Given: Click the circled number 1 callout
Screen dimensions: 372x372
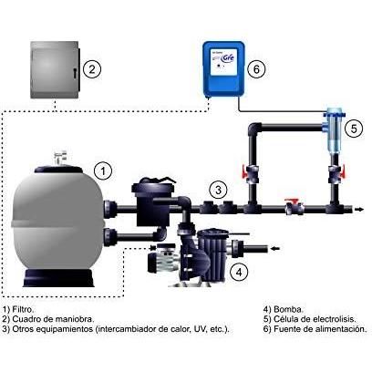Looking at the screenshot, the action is coord(103,171).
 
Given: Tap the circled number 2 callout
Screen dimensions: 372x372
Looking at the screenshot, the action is coord(92,69).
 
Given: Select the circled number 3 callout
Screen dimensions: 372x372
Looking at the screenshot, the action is coord(219,191).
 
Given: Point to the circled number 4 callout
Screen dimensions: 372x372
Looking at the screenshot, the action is coord(239,273).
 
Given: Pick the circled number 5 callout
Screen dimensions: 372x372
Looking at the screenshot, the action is coord(354,129).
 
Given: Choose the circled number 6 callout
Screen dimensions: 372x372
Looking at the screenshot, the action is coord(256,69).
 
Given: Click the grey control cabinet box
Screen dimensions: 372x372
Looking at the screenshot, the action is coord(56,69).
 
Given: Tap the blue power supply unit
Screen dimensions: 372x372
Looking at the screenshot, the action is coord(223,69).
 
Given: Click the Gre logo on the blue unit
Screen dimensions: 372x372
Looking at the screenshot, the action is coord(228,57).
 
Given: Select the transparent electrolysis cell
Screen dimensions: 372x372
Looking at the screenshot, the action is coord(335,129).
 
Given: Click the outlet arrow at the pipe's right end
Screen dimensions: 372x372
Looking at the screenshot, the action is coord(359,209).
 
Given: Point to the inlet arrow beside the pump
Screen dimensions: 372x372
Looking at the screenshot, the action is coord(275,249).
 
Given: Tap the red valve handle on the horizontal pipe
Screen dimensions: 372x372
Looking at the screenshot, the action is coord(293,201).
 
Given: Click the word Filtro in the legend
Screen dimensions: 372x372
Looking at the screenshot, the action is coord(23,310).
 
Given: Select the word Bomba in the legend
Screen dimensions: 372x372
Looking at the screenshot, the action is coord(288,310).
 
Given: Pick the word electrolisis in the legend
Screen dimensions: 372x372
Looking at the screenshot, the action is coord(335,319).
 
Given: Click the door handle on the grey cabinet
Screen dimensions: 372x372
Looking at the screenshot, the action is coord(74,72).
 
